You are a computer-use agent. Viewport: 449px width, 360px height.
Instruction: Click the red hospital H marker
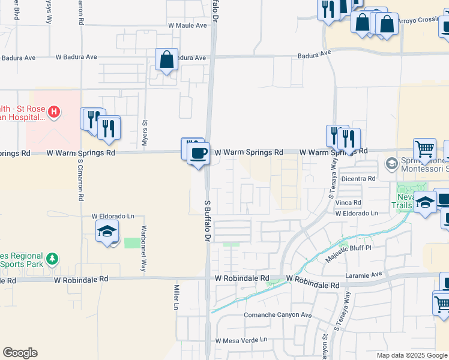pyautogui.click(x=54, y=111)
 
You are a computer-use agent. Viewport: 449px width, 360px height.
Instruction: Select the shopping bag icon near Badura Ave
pyautogui.click(x=167, y=59)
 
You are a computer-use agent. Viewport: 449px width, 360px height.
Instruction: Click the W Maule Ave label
pyautogui.click(x=187, y=26)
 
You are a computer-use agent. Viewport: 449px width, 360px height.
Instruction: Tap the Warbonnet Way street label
pyautogui.click(x=143, y=248)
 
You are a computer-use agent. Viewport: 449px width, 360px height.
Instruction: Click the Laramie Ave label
pyautogui.click(x=364, y=274)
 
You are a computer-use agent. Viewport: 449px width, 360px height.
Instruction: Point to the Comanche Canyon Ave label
pyautogui.click(x=278, y=315)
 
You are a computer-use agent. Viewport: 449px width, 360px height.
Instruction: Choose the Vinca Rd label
pyautogui.click(x=348, y=202)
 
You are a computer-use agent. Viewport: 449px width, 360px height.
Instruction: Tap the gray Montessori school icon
pyautogui.click(x=391, y=163)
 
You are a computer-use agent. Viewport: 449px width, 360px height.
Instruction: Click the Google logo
pyautogui.click(x=20, y=353)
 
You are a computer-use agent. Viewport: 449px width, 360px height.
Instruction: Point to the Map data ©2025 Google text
pyautogui.click(x=411, y=355)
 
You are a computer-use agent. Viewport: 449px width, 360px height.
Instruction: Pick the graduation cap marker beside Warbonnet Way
pyautogui.click(x=107, y=231)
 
